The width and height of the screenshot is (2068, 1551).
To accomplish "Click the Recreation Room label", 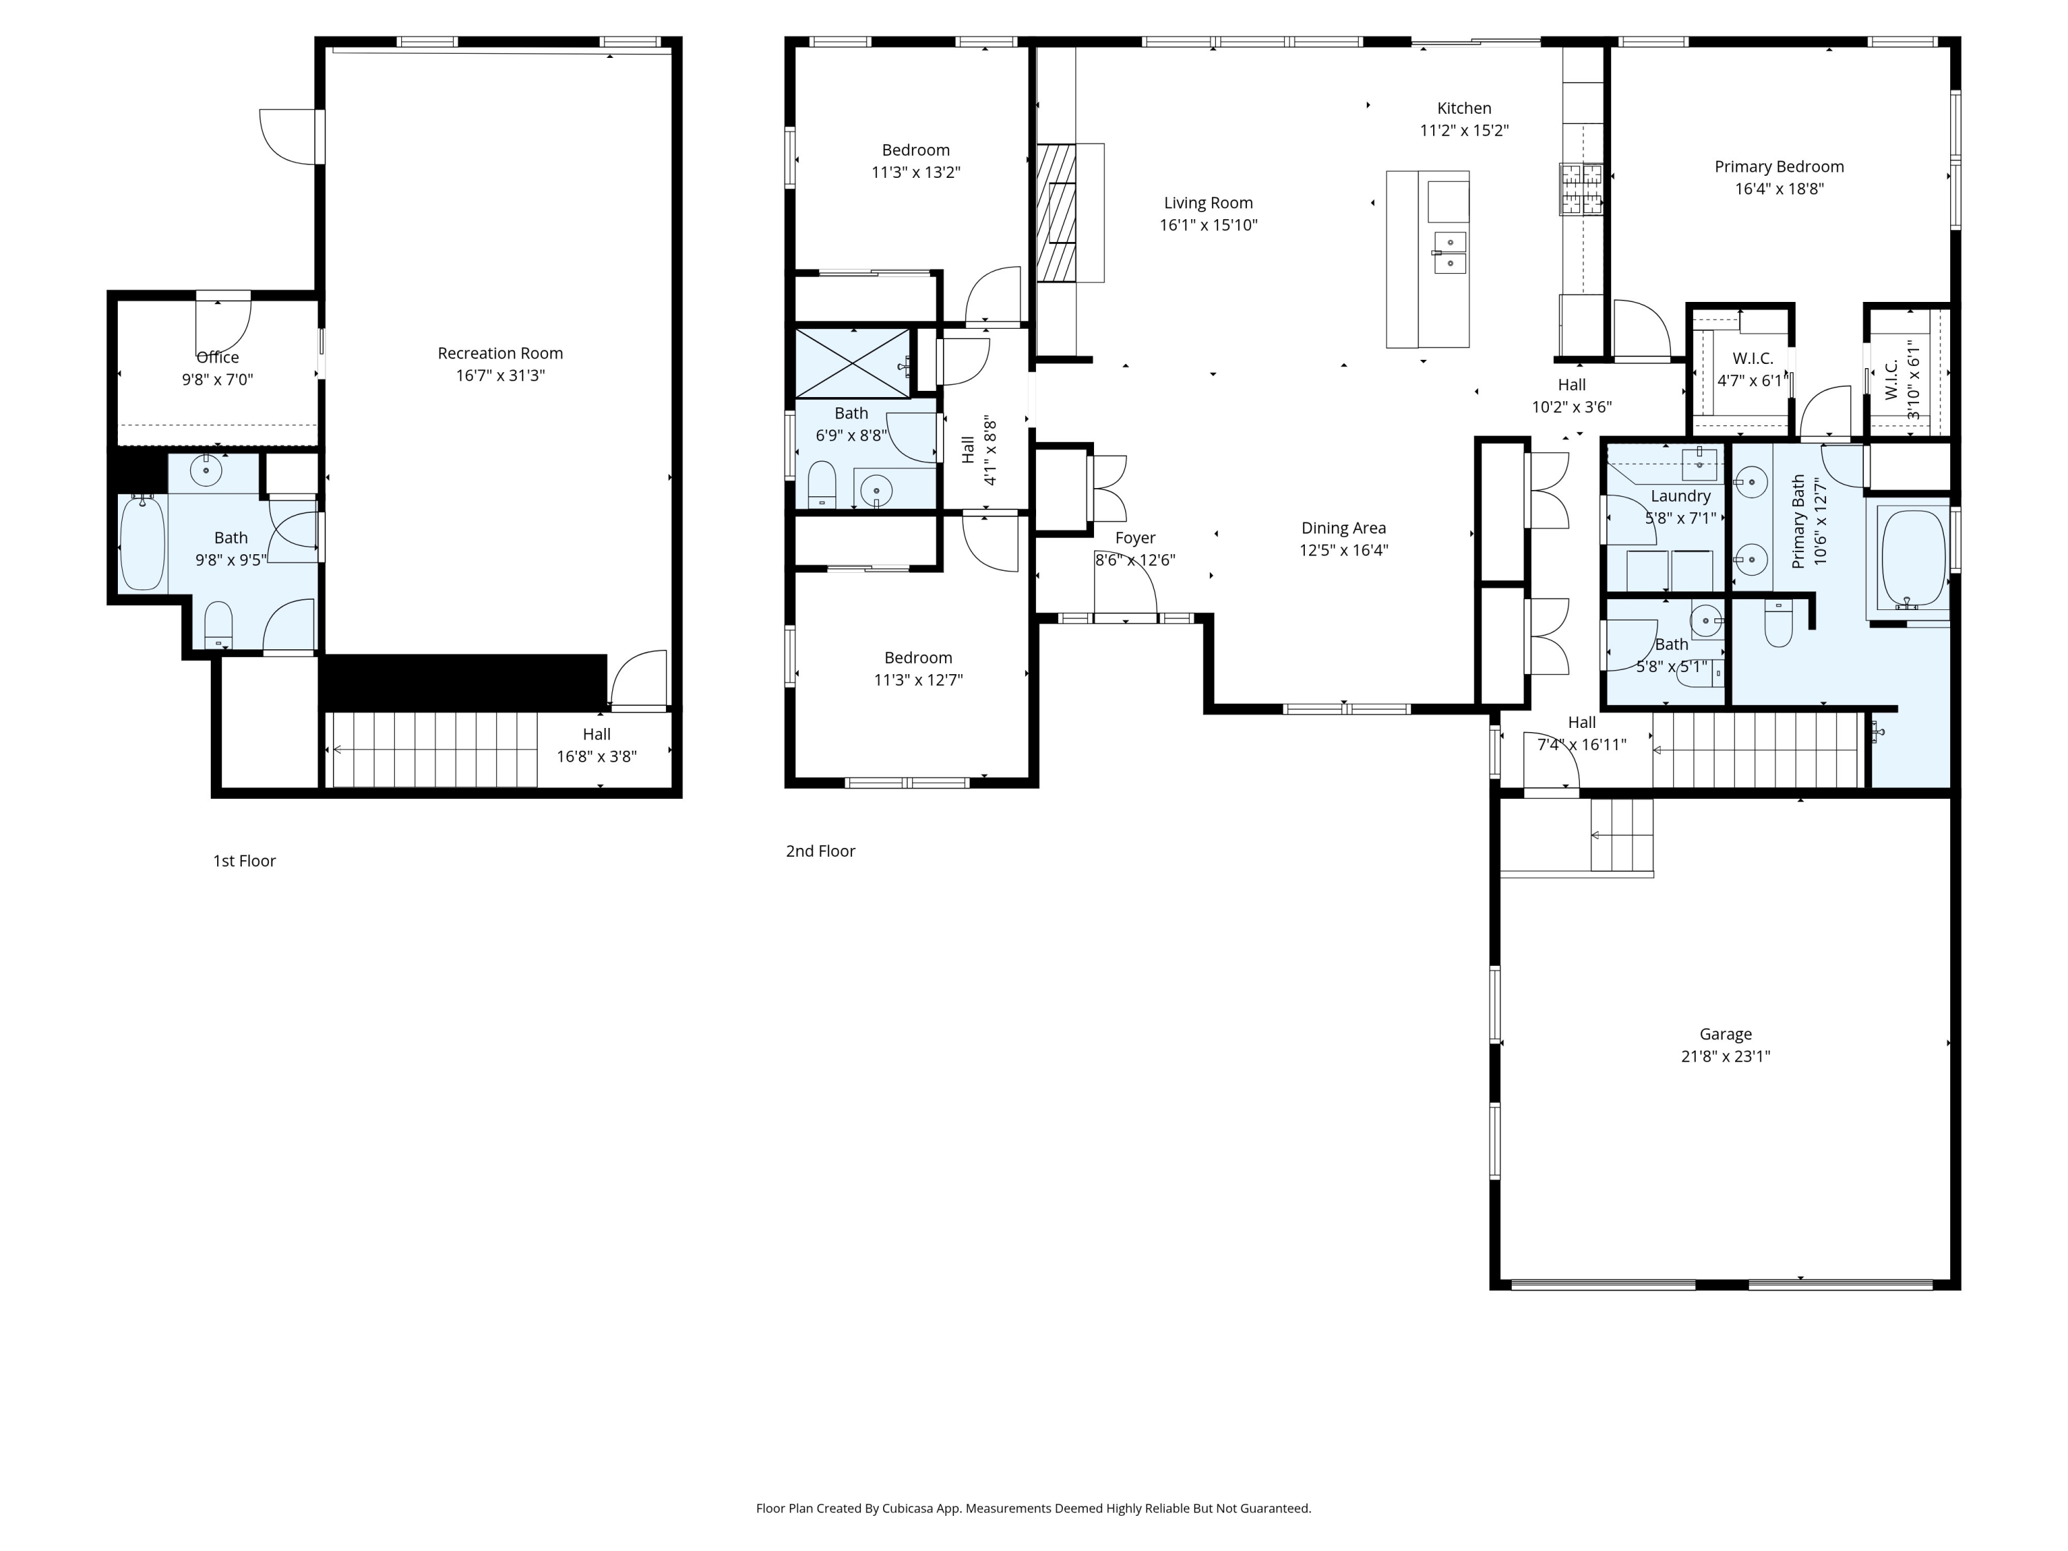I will (x=500, y=354).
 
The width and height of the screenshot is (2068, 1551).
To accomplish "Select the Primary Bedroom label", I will (x=1778, y=166).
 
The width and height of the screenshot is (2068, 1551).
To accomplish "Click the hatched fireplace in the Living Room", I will (x=1057, y=212).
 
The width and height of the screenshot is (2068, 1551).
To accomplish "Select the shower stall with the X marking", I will (x=852, y=363).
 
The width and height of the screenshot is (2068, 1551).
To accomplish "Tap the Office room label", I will (x=217, y=357).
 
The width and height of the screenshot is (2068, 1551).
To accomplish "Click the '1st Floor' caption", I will (x=244, y=861).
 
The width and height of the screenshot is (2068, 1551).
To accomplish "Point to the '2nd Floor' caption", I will (x=820, y=851).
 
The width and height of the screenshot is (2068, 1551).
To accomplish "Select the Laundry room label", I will (x=1680, y=496).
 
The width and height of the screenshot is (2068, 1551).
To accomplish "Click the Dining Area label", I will (x=1343, y=528).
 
